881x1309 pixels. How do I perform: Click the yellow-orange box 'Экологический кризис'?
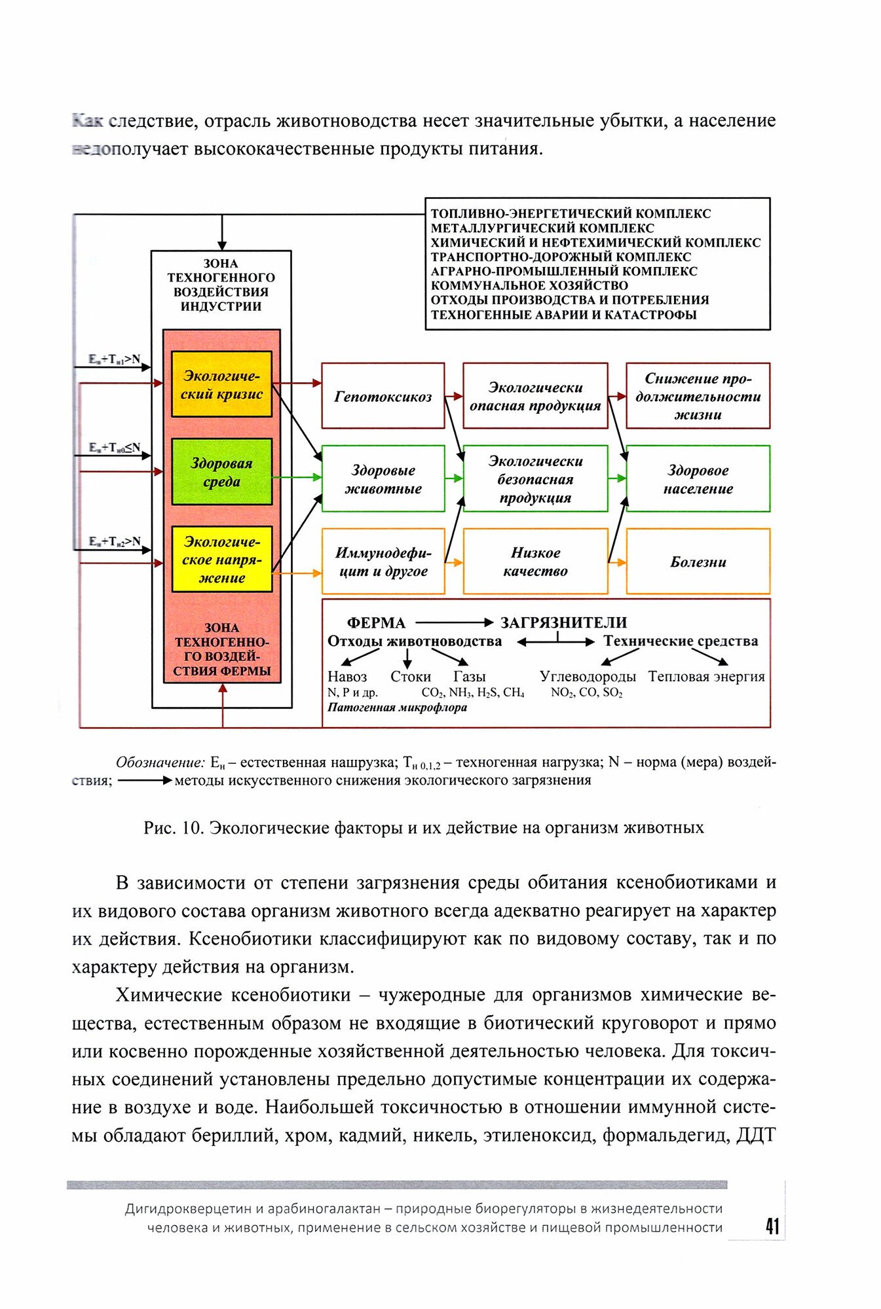tap(221, 384)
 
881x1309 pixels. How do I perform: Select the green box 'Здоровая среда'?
tap(221, 472)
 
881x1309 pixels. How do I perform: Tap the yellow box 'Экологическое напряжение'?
tap(221, 560)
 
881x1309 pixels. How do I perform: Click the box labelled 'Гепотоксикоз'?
tap(383, 396)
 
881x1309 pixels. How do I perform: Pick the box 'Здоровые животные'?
tap(383, 478)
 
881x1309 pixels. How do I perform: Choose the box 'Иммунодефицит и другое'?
tap(383, 562)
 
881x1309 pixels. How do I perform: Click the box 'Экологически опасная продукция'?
tap(534, 396)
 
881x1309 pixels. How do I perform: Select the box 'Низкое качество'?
tap(534, 562)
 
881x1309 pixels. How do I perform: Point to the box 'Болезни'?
tap(698, 562)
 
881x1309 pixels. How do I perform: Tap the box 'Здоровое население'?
tap(698, 478)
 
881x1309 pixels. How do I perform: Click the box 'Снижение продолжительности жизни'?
tap(698, 396)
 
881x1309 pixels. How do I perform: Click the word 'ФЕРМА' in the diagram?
tap(376, 622)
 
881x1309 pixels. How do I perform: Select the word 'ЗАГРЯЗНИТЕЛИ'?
tap(563, 622)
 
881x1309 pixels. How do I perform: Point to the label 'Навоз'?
tap(347, 676)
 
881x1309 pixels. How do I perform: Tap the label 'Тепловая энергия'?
tap(706, 676)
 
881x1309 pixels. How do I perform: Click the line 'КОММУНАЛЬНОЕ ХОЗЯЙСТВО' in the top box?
tap(529, 285)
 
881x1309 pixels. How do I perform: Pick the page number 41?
tap(772, 1226)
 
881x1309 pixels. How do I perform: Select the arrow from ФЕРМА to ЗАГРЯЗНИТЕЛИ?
tap(453, 622)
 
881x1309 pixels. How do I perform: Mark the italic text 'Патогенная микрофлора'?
tap(397, 708)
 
